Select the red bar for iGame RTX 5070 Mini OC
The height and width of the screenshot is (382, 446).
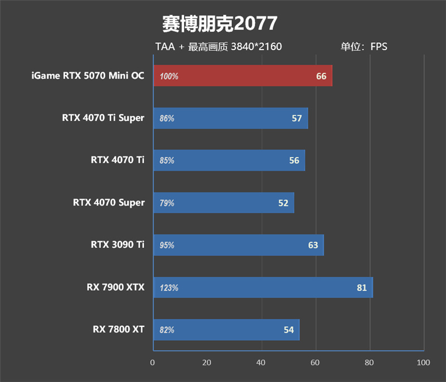click(x=242, y=76)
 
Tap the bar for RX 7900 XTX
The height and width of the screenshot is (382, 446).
click(x=262, y=287)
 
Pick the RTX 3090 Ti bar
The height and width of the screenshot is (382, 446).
click(x=238, y=245)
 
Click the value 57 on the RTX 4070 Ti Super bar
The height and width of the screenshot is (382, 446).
click(x=297, y=118)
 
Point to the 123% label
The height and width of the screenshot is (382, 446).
click(x=169, y=288)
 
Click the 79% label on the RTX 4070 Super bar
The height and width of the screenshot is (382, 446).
click(x=167, y=203)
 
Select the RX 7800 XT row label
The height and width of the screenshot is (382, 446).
click(x=119, y=330)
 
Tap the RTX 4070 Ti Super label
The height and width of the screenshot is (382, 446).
click(x=103, y=117)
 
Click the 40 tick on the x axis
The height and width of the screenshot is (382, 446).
click(x=261, y=363)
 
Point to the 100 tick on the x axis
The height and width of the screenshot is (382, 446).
click(x=423, y=363)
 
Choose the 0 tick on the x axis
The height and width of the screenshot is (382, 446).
click(x=153, y=363)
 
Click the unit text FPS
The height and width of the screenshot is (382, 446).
click(x=379, y=47)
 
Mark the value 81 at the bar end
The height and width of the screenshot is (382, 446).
click(x=362, y=288)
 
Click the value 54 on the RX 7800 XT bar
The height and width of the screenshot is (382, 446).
click(x=288, y=330)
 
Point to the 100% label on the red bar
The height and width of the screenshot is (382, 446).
click(x=169, y=76)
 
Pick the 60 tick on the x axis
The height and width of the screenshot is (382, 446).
click(x=316, y=363)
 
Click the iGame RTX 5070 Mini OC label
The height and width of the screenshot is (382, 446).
click(x=88, y=76)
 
